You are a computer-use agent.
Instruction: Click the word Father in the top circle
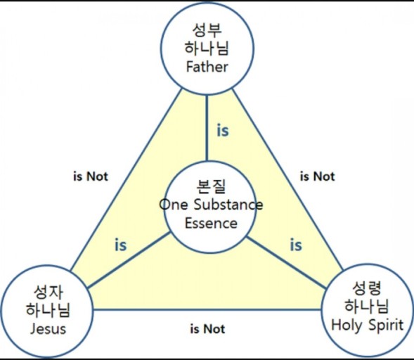(x=207, y=67)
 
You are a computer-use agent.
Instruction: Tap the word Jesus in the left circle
(x=48, y=329)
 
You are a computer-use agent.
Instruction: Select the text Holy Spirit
(x=368, y=325)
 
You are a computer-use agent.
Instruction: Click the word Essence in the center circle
(x=211, y=223)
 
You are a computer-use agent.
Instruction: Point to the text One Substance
(x=211, y=205)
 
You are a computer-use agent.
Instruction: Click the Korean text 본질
(x=212, y=186)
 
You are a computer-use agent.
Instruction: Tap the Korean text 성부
(x=207, y=30)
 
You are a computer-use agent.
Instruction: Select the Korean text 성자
(x=48, y=292)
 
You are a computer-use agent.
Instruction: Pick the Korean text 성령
(x=367, y=288)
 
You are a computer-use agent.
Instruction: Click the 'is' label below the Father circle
(x=223, y=131)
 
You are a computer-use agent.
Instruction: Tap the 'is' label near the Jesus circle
(x=121, y=245)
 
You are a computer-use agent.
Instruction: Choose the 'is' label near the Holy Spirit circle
(x=296, y=245)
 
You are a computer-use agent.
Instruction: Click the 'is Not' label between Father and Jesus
(x=91, y=176)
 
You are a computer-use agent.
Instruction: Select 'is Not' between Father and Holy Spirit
(x=318, y=176)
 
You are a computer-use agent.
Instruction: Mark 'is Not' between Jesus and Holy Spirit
(x=207, y=329)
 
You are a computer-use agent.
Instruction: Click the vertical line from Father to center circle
(x=207, y=128)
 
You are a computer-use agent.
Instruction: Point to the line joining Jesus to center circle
(x=129, y=260)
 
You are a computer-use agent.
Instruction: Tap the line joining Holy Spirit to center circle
(x=287, y=262)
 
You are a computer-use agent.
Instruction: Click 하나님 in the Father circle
(x=207, y=49)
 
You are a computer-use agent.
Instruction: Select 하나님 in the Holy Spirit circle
(x=367, y=307)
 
